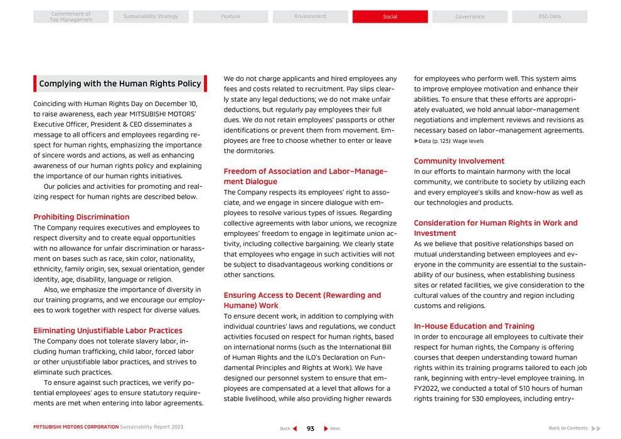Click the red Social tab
pos(390,17)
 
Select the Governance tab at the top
pos(470,17)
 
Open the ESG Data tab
pos(549,17)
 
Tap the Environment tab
pos(310,17)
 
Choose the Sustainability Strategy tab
pos(151,17)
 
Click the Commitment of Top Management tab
pos(71,17)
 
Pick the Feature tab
pos(230,17)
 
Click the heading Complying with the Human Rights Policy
pos(120,84)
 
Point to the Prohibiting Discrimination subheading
pos(82,217)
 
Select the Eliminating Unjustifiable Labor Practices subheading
pos(108,331)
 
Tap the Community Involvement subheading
pos(459,161)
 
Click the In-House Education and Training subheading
pos(474,326)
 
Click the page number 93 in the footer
pos(310,429)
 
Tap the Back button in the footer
pos(289,429)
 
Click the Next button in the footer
pos(332,429)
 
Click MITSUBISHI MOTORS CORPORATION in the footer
pos(76,427)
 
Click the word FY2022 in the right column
pos(428,389)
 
